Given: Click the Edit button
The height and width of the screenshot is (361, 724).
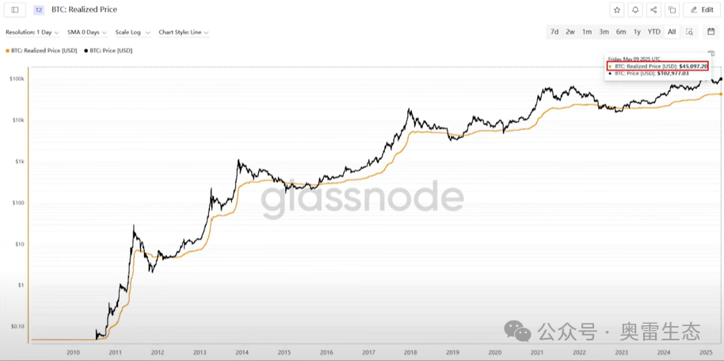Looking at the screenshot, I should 702,10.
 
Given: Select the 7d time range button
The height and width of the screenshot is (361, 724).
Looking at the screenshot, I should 554,32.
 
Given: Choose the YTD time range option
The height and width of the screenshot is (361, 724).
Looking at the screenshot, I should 654,32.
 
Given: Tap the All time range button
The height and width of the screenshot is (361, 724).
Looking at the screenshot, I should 672,32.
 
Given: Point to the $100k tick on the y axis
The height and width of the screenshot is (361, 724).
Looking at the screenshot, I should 16,79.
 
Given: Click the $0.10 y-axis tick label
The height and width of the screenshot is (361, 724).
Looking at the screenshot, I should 17,326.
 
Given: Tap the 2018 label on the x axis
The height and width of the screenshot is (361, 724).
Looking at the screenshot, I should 410,352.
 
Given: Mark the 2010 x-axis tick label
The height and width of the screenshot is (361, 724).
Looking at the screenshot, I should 73,352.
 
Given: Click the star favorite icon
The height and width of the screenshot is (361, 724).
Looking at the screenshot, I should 617,10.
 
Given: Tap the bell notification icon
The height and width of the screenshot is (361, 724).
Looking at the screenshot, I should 635,10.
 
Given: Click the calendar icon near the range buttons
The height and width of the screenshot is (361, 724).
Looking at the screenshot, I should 711,32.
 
